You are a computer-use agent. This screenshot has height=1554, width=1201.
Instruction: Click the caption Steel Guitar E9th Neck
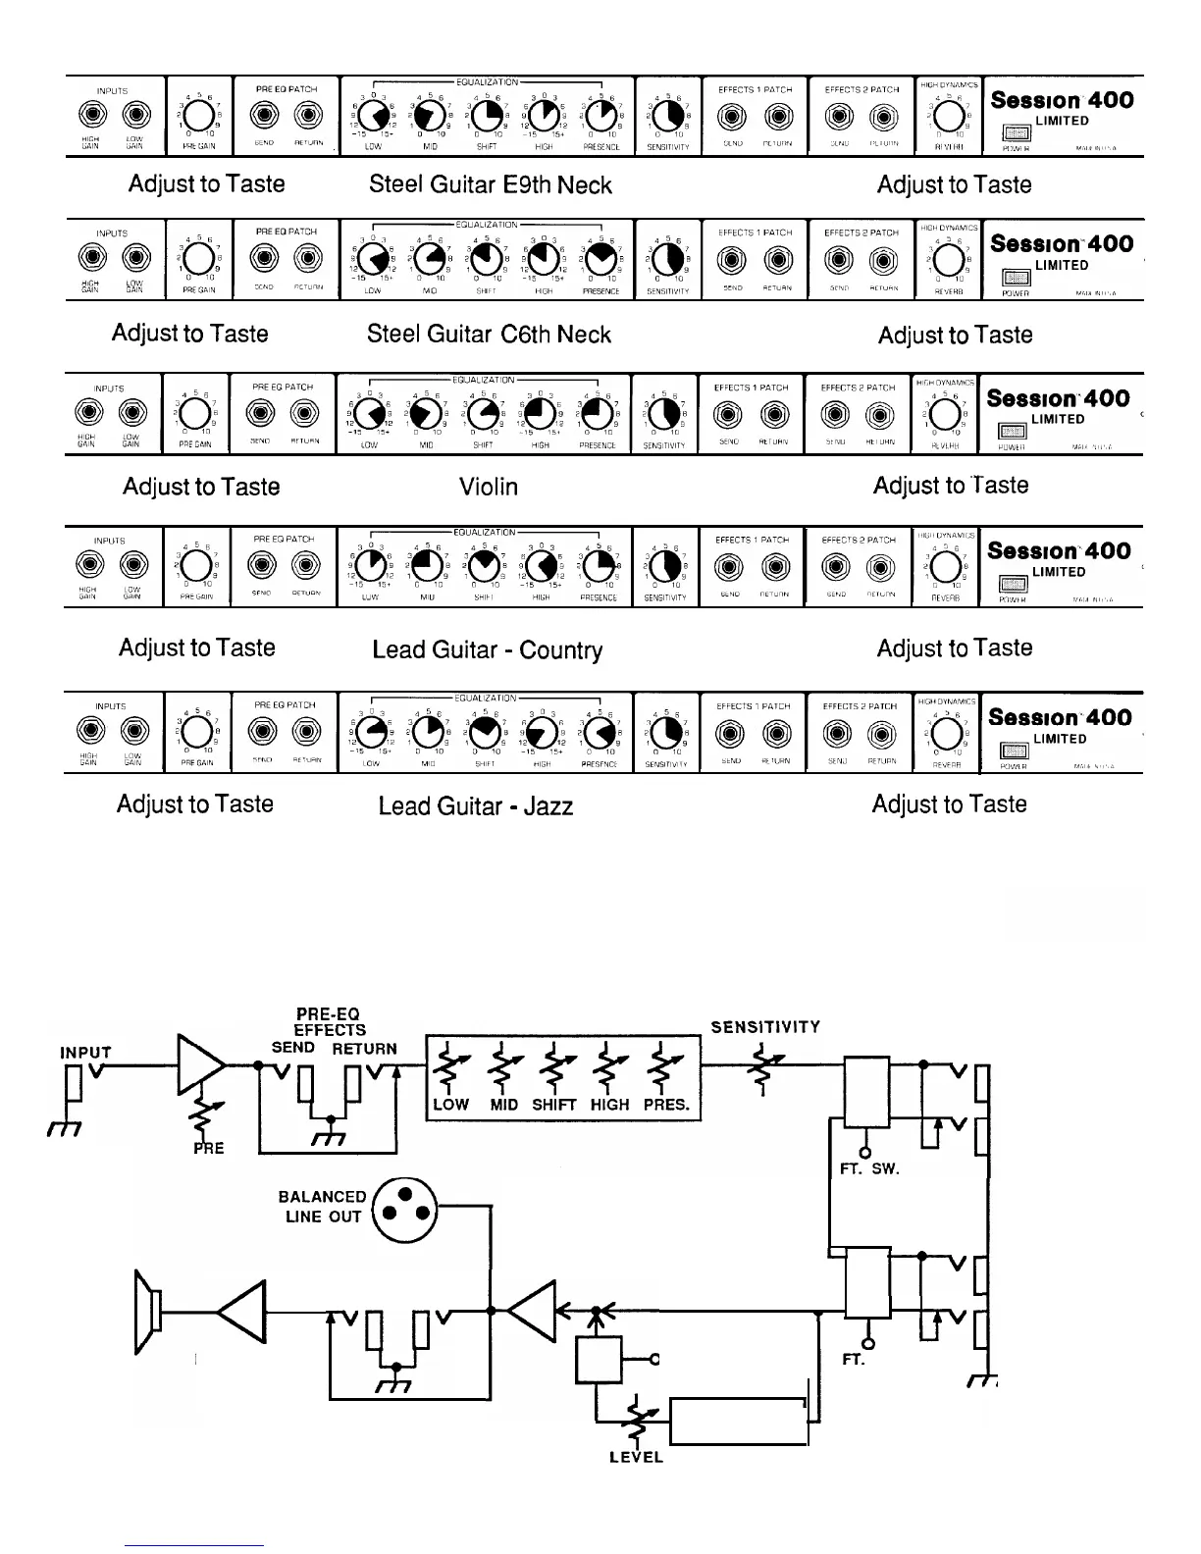pyautogui.click(x=490, y=184)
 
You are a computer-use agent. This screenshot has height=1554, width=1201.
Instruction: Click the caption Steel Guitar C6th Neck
pyautogui.click(x=489, y=335)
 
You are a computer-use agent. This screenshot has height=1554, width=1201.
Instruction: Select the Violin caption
pyautogui.click(x=489, y=487)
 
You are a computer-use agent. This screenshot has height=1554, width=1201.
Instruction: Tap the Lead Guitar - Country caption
pyautogui.click(x=487, y=649)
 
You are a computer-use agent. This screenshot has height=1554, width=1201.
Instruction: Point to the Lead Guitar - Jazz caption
pyautogui.click(x=475, y=806)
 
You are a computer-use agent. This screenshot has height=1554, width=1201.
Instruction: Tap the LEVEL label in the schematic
pyautogui.click(x=636, y=1457)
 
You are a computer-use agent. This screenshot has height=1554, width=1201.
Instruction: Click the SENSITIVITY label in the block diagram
pyautogui.click(x=765, y=1027)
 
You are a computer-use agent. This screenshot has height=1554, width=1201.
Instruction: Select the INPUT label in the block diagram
pyautogui.click(x=86, y=1053)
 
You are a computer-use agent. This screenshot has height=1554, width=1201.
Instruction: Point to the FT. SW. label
pyautogui.click(x=869, y=1169)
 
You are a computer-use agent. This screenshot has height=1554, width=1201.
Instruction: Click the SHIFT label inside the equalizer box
pyautogui.click(x=553, y=1105)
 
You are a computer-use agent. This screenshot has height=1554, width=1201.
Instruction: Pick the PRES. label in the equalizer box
pyautogui.click(x=666, y=1105)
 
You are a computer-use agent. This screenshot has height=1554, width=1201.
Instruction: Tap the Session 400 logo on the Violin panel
pyautogui.click(x=1058, y=398)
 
